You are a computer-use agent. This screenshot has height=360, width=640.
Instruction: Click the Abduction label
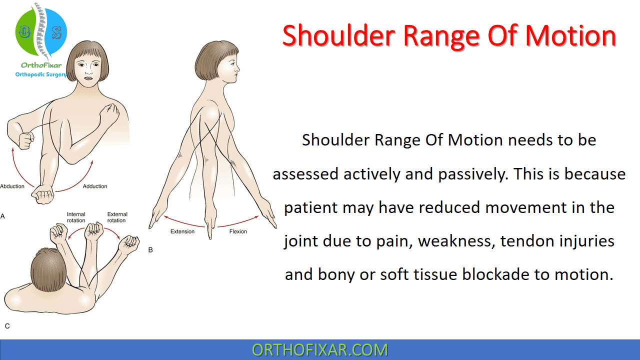point(12,186)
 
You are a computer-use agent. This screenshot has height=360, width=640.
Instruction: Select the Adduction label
point(95,186)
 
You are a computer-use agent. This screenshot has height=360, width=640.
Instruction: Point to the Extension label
point(182,231)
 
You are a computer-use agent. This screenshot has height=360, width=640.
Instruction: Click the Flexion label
point(238,231)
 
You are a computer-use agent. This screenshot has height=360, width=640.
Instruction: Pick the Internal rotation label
point(76,217)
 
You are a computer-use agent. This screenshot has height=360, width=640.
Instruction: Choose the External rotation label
point(116,217)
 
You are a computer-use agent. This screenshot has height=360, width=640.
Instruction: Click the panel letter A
point(3,216)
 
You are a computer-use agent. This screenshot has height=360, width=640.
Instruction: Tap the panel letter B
point(150,249)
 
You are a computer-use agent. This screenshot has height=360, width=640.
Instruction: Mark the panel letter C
point(7,326)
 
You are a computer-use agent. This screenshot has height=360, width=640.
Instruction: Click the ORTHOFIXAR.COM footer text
point(319,350)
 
